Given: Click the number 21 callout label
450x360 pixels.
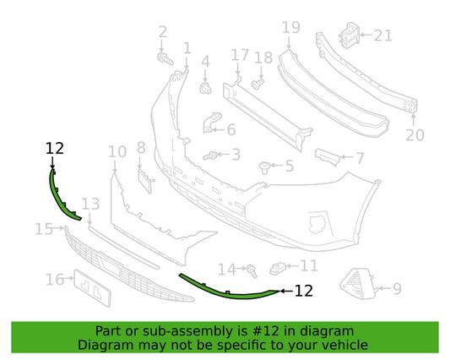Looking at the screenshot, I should [383, 35].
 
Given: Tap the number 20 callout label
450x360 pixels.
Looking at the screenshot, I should [414, 134].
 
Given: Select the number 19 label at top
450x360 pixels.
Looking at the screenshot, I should [290, 27].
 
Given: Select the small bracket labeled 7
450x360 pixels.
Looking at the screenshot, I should [328, 157].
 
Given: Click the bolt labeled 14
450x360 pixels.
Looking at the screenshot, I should [252, 270].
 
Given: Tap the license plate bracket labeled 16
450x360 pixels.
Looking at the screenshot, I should [90, 284].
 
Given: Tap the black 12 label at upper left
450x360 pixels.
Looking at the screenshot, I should [55, 148].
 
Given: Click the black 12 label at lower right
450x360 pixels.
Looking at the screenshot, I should [303, 292].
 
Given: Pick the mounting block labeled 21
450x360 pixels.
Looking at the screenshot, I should [346, 35].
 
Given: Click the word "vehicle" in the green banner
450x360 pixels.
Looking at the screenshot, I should [344, 345].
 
